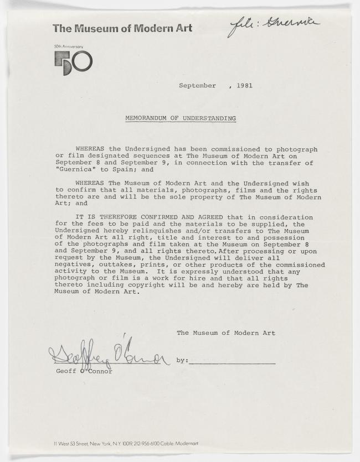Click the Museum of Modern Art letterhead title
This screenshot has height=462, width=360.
(122, 28)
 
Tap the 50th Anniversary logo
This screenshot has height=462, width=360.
(73, 62)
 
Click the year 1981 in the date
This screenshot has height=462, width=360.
(244, 86)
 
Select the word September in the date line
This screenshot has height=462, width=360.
(197, 86)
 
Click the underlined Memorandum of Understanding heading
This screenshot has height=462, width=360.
(180, 118)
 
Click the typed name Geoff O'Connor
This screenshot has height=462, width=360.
(84, 371)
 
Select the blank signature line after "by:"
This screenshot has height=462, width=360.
(232, 362)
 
